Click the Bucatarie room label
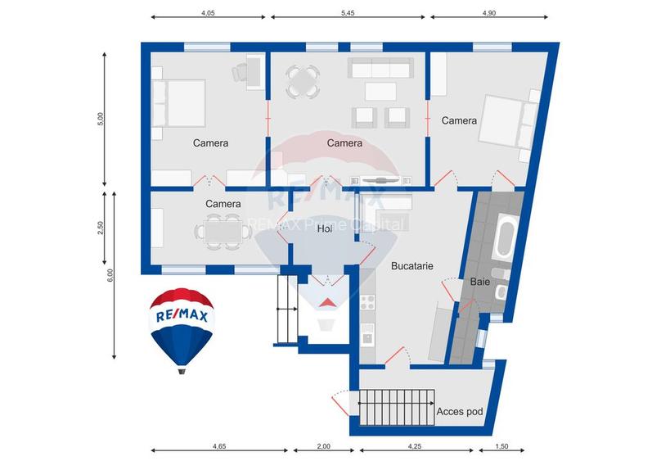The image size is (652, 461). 411,266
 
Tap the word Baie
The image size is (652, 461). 479,282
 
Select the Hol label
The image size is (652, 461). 326,229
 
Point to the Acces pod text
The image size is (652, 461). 461,411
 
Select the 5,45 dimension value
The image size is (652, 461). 347,14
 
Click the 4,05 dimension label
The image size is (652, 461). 208,14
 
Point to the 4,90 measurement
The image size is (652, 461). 489,14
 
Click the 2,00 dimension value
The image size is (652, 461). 323,446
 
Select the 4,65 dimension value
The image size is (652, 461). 219,446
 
